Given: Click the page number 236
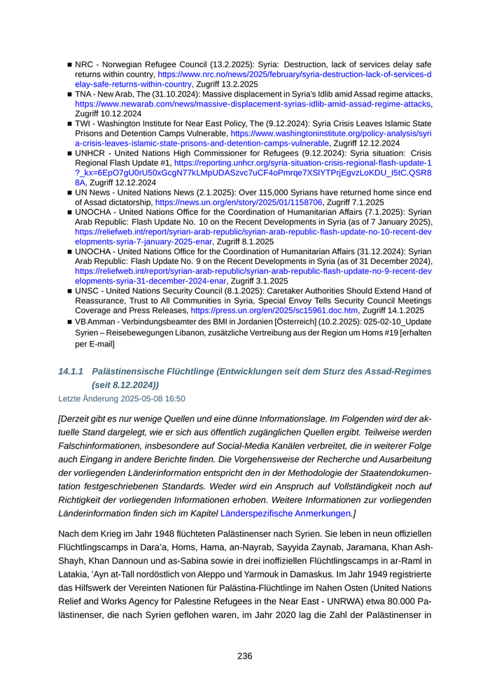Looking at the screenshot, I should tap(244, 656).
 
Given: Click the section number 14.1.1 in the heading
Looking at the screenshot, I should tap(71, 371).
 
